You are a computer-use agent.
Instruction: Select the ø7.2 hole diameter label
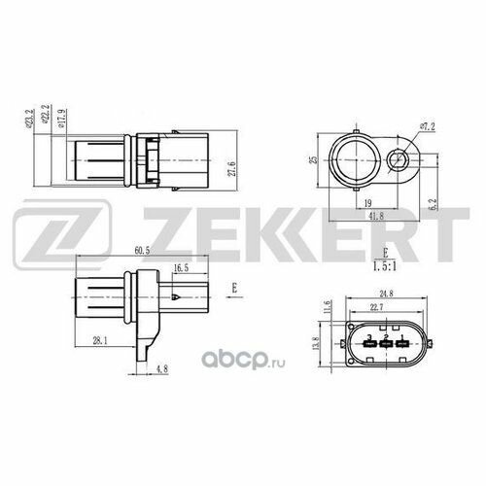point(430,126)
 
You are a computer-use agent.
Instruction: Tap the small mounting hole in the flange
point(399,161)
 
